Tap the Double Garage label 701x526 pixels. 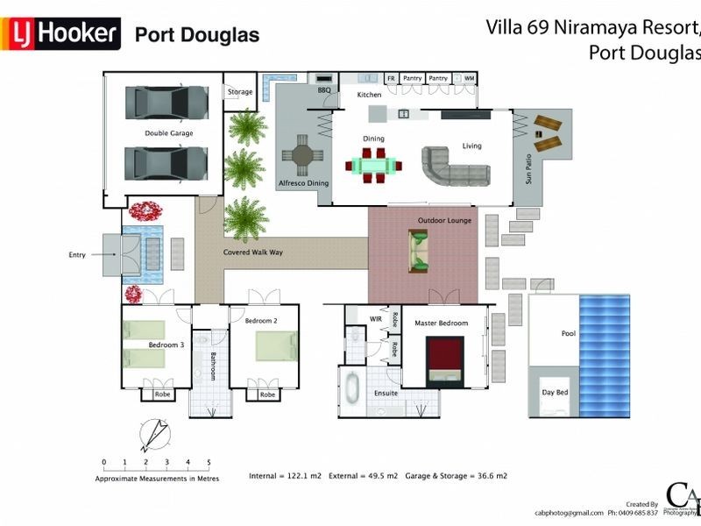click(x=169, y=133)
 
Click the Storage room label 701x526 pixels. click(x=240, y=92)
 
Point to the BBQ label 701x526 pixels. click(x=322, y=90)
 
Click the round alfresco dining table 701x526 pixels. click(x=302, y=156)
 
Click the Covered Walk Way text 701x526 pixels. click(x=252, y=252)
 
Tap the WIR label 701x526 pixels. click(x=375, y=319)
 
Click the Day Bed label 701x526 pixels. click(x=555, y=392)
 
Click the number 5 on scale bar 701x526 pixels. click(x=209, y=462)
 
